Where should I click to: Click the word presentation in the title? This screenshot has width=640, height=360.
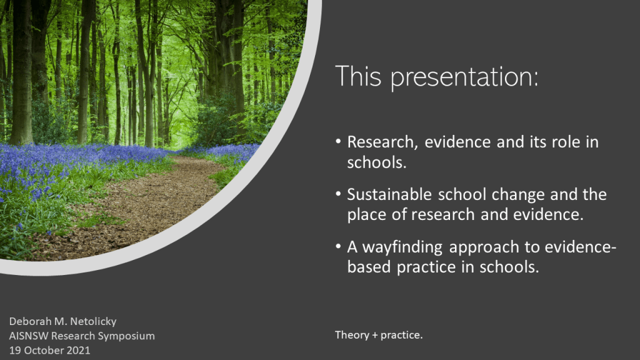tap(464, 77)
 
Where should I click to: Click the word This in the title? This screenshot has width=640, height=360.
tap(358, 76)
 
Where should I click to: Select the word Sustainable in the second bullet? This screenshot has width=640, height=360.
tap(389, 194)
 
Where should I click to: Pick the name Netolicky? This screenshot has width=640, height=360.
tap(92, 322)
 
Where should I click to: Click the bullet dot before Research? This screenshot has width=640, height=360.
tap(338, 141)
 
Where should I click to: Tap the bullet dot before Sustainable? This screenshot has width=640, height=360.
tap(338, 194)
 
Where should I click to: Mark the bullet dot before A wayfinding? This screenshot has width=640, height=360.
tap(338, 246)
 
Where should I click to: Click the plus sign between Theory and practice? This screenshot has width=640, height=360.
tap(375, 336)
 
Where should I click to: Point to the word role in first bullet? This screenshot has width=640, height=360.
tap(566, 142)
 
